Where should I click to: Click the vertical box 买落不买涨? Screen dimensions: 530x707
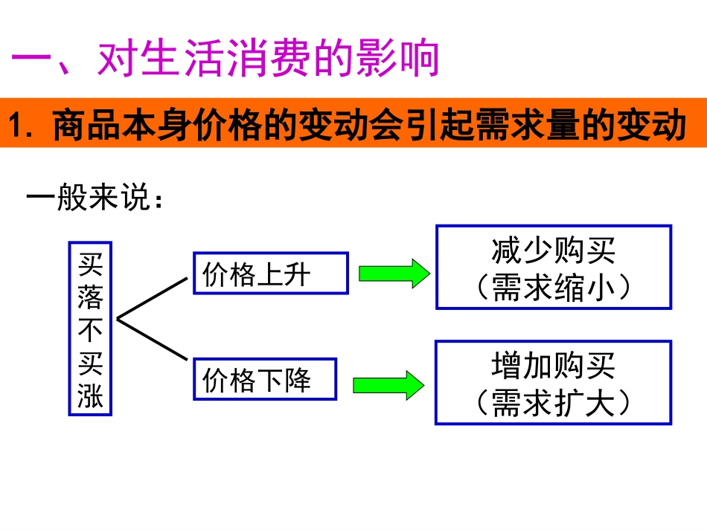90,328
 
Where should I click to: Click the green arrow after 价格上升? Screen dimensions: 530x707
393,274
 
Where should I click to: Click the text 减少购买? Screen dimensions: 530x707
554,251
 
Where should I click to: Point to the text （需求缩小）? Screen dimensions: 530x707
554,288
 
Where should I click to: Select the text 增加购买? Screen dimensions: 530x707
554,366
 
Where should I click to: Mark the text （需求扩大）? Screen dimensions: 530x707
554,404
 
